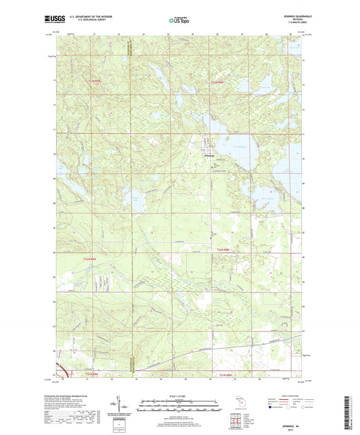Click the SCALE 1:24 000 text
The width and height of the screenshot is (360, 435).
point(178,396)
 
